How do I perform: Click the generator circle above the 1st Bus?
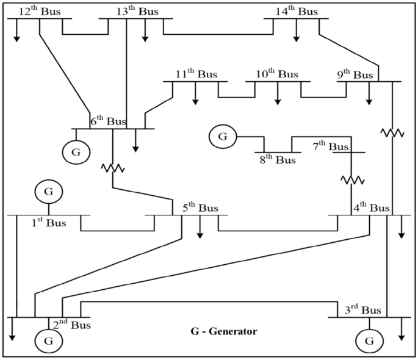pos(48,192)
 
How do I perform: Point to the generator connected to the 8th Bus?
pos(223,137)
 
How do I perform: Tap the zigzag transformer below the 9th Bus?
pos(392,132)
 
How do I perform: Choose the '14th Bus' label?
pos(298,12)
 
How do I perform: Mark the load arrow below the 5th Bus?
pos(200,228)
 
